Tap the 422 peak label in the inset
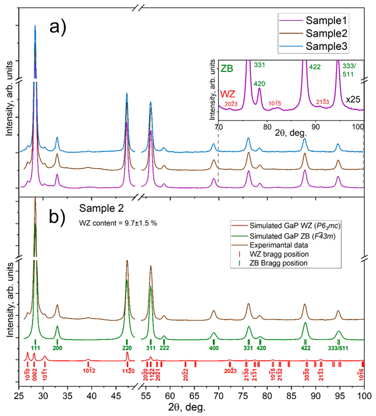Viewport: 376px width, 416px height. coord(315,66)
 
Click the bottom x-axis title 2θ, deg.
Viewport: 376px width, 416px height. coord(186,407)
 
